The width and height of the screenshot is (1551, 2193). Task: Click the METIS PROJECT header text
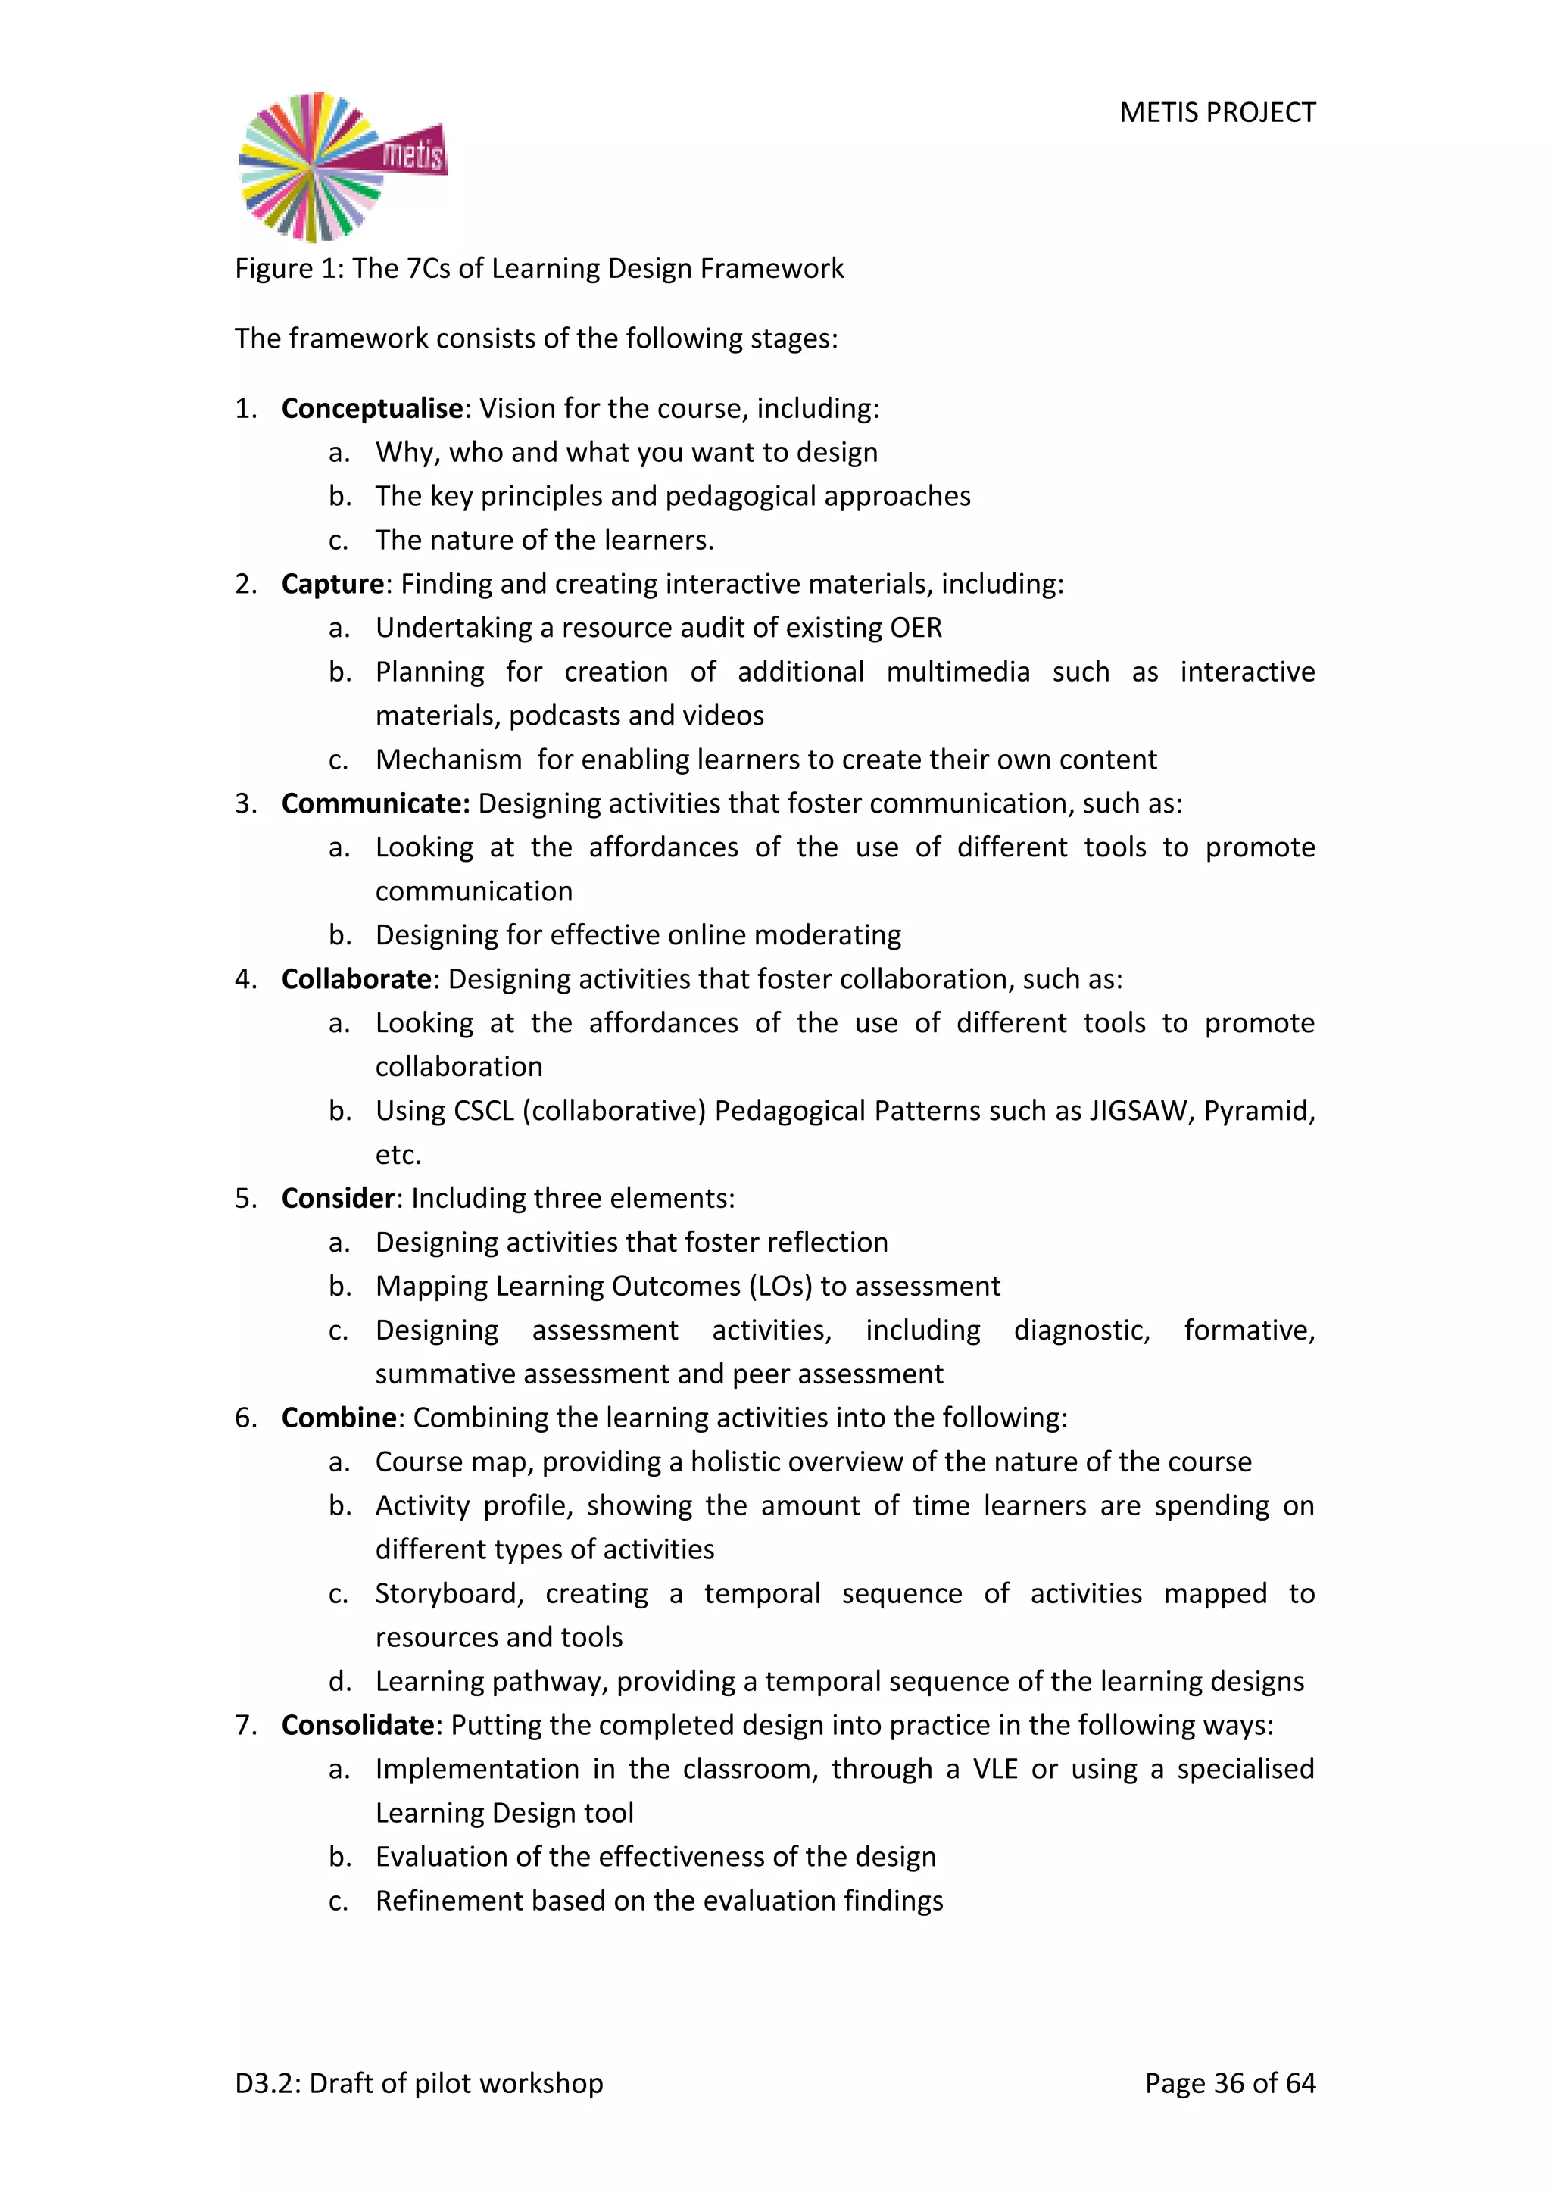pyautogui.click(x=1217, y=113)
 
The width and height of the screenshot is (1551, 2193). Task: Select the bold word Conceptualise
pyautogui.click(x=373, y=409)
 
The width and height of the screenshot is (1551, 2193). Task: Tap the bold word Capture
pyautogui.click(x=332, y=584)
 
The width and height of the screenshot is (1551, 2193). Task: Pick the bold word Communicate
pyautogui.click(x=376, y=803)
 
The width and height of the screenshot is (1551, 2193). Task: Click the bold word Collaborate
pyautogui.click(x=357, y=979)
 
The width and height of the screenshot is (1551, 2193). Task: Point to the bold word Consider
pyautogui.click(x=338, y=1199)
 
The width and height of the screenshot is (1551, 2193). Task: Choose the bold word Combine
pyautogui.click(x=339, y=1418)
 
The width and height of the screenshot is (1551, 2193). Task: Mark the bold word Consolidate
pyautogui.click(x=358, y=1725)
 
